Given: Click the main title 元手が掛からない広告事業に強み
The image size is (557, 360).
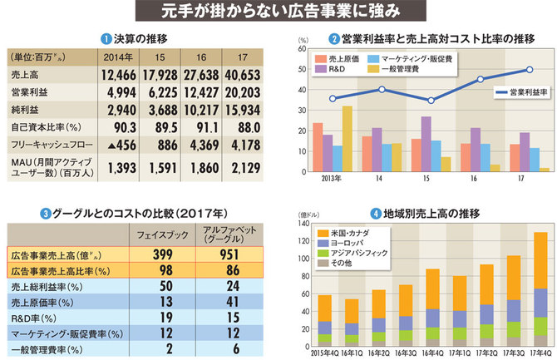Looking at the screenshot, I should coord(278,12).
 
